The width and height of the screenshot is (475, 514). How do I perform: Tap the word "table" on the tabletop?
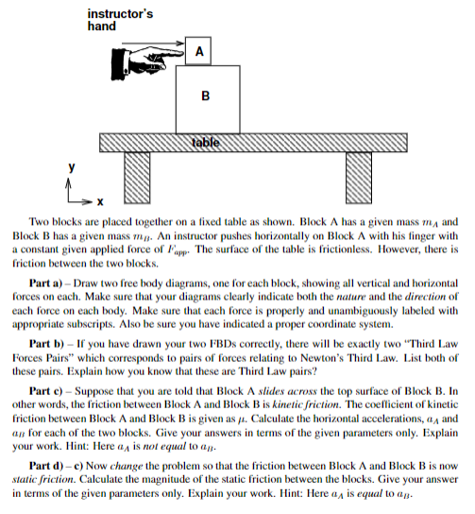click(206, 142)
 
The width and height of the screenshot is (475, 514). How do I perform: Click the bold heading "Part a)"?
click(51, 283)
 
